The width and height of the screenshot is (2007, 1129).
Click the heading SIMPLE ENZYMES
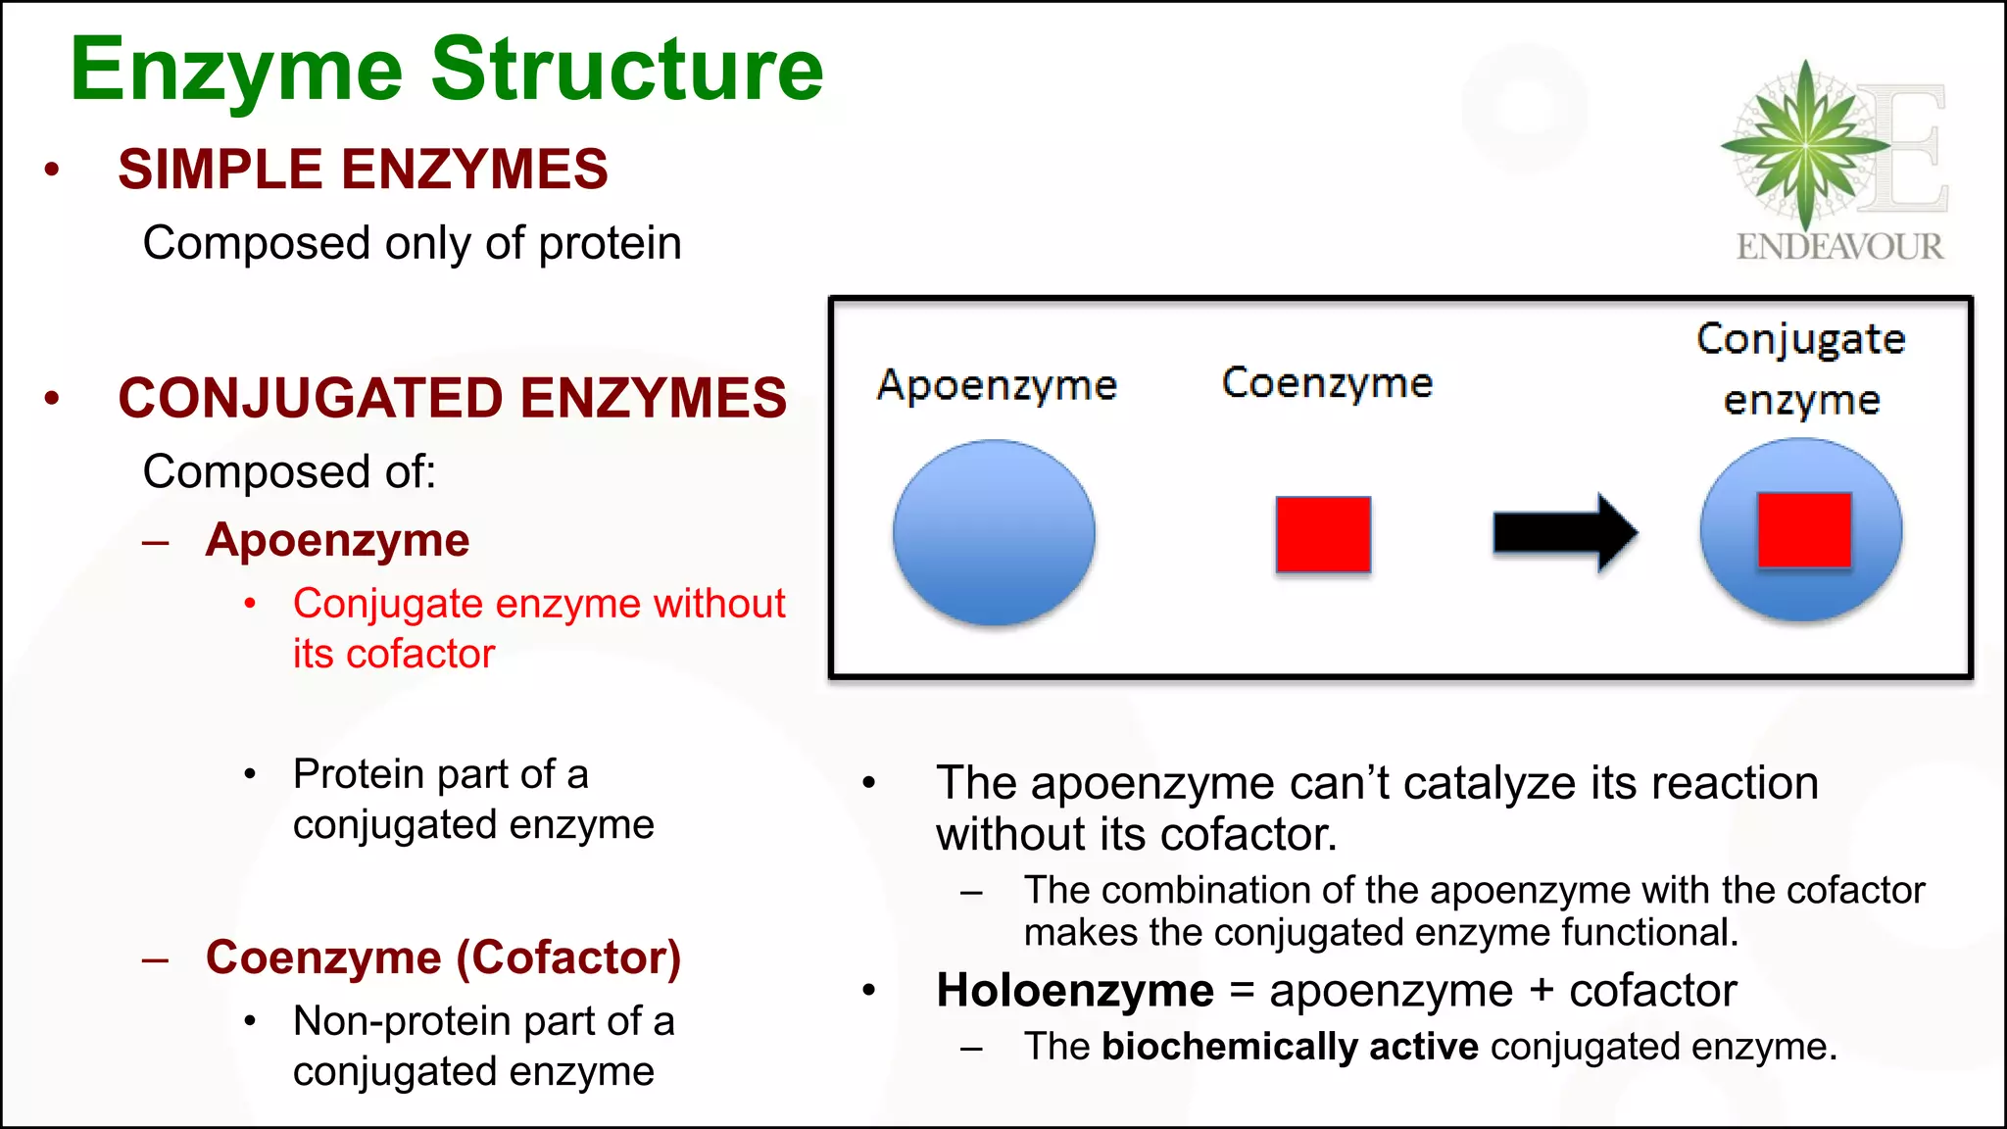363,169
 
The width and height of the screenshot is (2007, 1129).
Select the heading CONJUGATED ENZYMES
452,398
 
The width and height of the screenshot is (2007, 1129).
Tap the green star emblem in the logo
1805,145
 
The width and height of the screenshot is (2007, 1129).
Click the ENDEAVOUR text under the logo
1839,246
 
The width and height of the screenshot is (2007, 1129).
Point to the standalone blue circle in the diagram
994,532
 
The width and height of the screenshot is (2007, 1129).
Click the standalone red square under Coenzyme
1323,534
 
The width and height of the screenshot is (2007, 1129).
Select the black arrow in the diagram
1564,533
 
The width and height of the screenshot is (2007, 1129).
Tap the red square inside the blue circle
1804,530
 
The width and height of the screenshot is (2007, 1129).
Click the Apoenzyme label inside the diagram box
997,385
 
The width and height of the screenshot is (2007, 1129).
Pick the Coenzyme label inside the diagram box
1327,383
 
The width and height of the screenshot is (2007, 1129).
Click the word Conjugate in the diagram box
1800,339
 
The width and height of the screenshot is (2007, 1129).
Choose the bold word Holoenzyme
1075,990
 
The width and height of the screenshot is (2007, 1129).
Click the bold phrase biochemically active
1290,1047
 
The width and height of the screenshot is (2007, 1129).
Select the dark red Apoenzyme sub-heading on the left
337,540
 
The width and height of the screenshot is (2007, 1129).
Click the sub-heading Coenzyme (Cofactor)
443,957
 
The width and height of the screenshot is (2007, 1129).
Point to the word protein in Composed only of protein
610,243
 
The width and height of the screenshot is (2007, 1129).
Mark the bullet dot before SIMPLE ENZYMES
52,170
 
